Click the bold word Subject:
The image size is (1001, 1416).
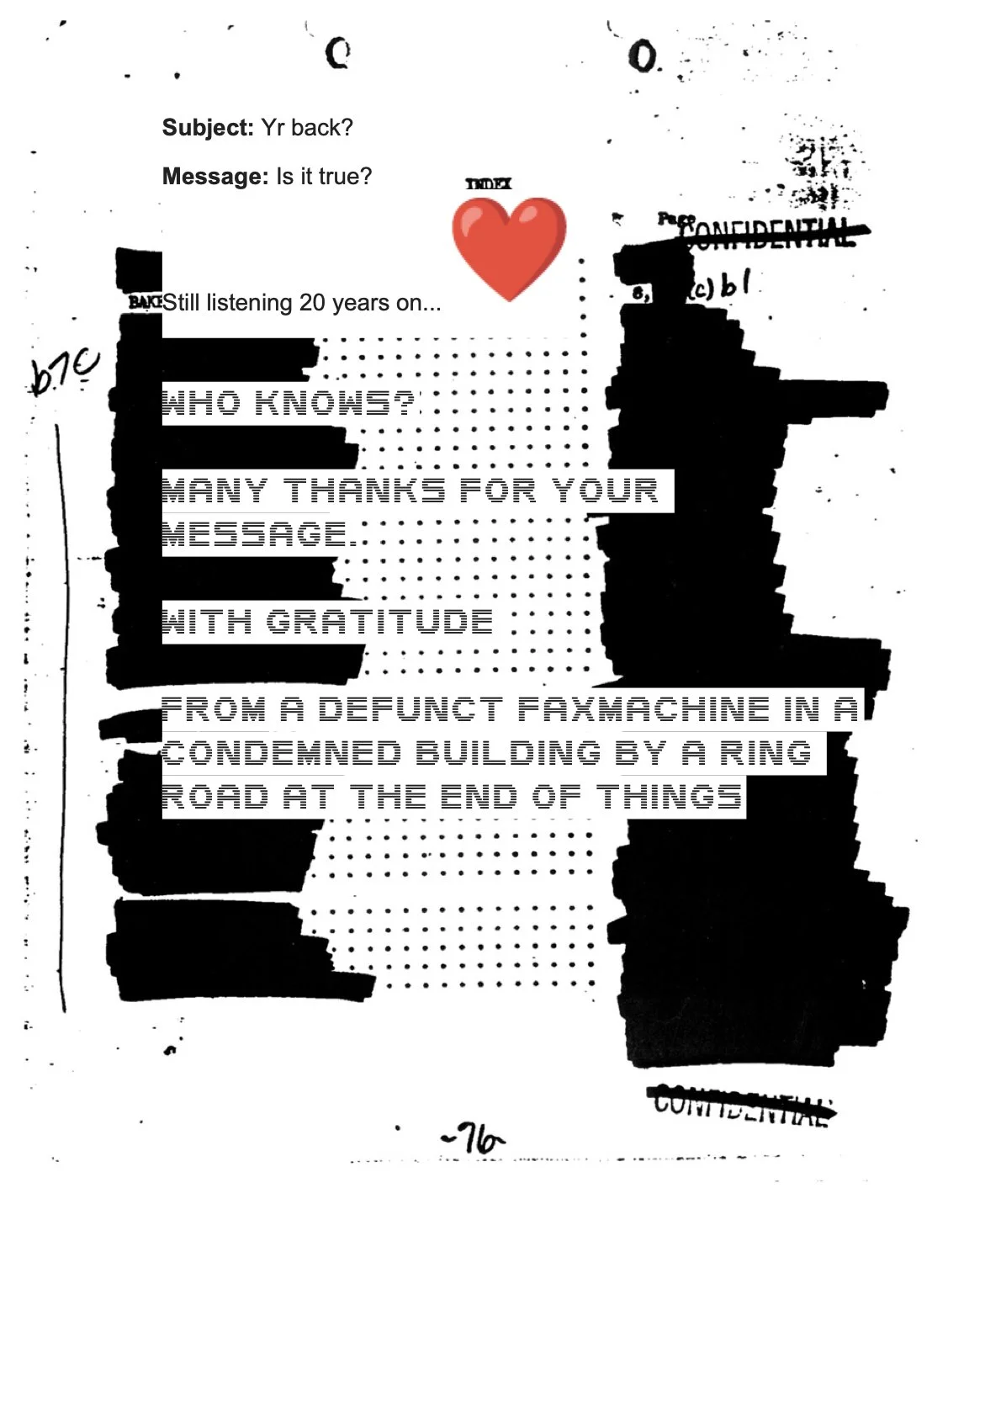tap(207, 128)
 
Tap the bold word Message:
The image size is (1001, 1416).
tap(214, 177)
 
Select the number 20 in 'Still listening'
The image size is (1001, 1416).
tap(312, 303)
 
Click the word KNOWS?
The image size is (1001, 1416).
tap(336, 403)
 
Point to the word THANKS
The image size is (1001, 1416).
tap(364, 491)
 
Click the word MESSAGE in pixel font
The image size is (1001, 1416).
tap(255, 534)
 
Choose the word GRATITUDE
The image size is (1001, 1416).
tap(379, 622)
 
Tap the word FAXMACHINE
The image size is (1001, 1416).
tap(643, 709)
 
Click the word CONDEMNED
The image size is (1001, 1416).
tap(282, 753)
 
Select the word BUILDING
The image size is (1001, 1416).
tap(508, 753)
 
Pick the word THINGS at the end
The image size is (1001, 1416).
tap(670, 797)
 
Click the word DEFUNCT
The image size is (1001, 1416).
tap(410, 709)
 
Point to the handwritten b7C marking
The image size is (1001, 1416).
tap(64, 372)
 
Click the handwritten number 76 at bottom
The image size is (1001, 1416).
tap(475, 1140)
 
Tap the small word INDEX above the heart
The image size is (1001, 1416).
tap(489, 183)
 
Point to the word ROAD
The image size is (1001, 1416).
tap(214, 797)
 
